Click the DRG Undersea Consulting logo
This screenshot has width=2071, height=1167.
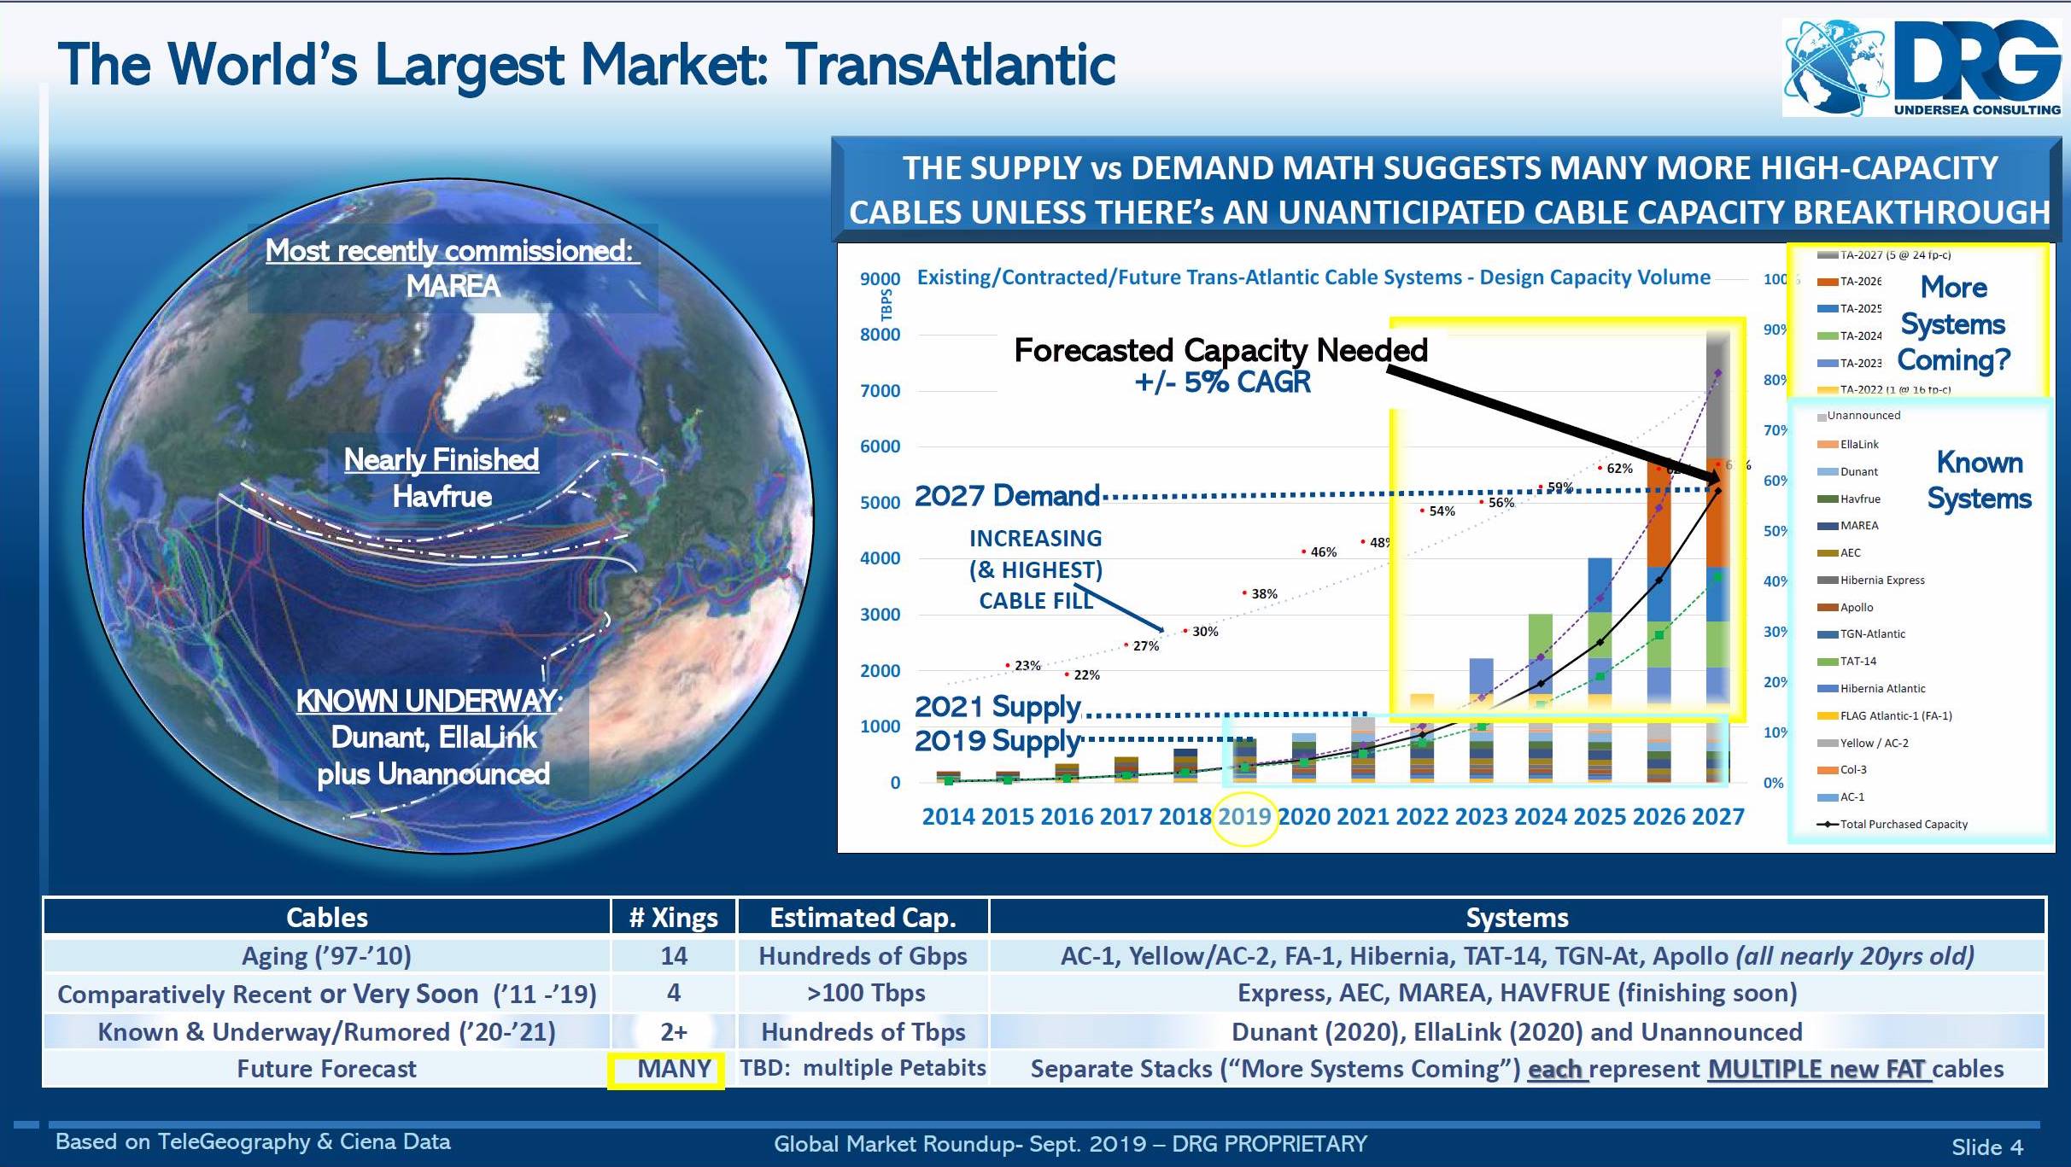pyautogui.click(x=1922, y=68)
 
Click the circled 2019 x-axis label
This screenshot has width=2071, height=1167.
pyautogui.click(x=1245, y=817)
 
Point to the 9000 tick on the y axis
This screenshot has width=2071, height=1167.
pyautogui.click(x=880, y=279)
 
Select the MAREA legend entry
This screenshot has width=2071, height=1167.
pyautogui.click(x=1858, y=526)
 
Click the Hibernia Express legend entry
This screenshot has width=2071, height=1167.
pyautogui.click(x=1881, y=581)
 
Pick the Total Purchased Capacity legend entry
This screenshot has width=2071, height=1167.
pyautogui.click(x=1903, y=825)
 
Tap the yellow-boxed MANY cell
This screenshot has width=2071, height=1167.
pyautogui.click(x=674, y=1069)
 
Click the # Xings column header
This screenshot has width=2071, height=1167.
pyautogui.click(x=673, y=918)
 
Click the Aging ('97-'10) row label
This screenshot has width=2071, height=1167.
pyautogui.click(x=326, y=956)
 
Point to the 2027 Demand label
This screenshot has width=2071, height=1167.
pyautogui.click(x=1007, y=496)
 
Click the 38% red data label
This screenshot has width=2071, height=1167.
pyautogui.click(x=1263, y=594)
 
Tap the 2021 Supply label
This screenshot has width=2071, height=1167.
pyautogui.click(x=997, y=707)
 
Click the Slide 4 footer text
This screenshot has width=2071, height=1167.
pyautogui.click(x=1986, y=1147)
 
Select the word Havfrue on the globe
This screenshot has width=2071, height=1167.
pyautogui.click(x=442, y=496)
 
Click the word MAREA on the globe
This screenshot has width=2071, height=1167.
pyautogui.click(x=453, y=286)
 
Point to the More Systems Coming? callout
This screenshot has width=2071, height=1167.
pyautogui.click(x=1953, y=324)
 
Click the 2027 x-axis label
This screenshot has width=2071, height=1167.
pyautogui.click(x=1717, y=817)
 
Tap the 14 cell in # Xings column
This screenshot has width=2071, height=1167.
pyautogui.click(x=673, y=956)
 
